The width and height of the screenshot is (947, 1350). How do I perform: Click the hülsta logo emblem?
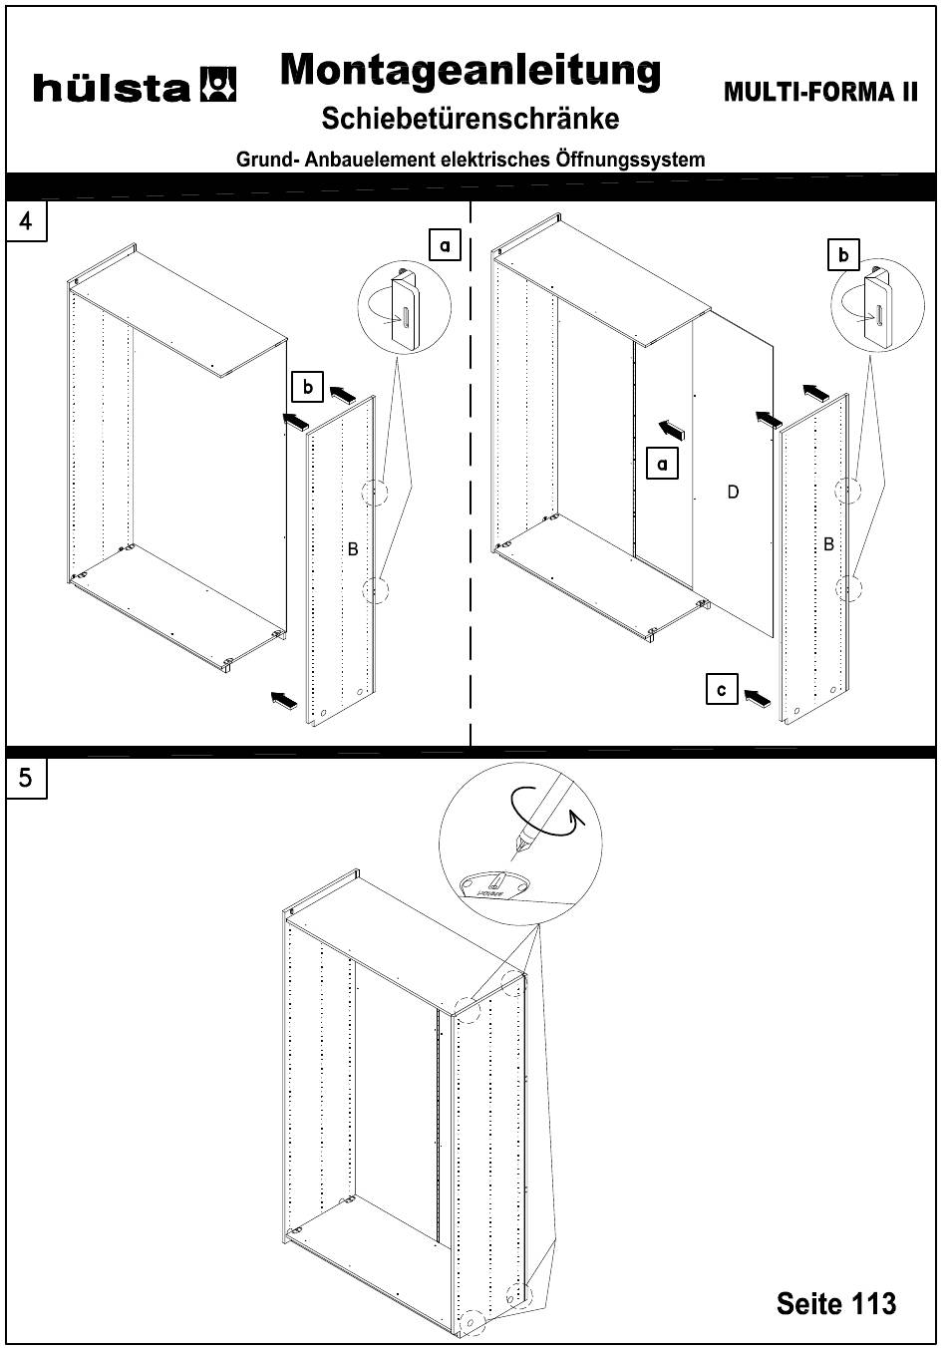(x=218, y=86)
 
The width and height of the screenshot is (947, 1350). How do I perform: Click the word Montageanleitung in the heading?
(x=471, y=71)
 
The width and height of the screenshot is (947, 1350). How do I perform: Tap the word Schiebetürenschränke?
(x=471, y=119)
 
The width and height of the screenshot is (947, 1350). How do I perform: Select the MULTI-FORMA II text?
(x=820, y=93)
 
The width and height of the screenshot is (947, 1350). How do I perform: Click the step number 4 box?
(x=26, y=221)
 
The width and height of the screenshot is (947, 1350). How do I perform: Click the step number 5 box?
(x=26, y=778)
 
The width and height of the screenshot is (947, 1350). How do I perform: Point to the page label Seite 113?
(x=836, y=1302)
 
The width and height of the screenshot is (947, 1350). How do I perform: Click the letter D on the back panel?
(x=733, y=492)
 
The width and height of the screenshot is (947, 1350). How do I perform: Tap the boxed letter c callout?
(x=722, y=689)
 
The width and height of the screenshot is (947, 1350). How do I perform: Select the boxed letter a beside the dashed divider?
(x=445, y=244)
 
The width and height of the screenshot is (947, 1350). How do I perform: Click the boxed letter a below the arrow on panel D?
(x=663, y=464)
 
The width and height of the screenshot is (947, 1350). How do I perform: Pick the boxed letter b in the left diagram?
(x=308, y=386)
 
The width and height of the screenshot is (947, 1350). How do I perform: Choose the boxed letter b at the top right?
(x=843, y=255)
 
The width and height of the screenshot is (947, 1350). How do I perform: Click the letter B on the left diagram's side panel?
(x=352, y=549)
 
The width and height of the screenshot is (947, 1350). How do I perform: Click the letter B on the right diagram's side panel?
(x=827, y=544)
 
